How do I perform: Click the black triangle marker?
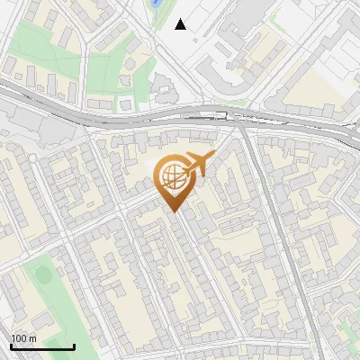tap(181, 24)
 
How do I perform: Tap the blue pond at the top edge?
tap(157, 4)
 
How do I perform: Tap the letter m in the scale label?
tap(32, 338)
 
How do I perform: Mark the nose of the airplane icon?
tap(213, 157)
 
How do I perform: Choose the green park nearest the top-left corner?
tap(36, 40)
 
